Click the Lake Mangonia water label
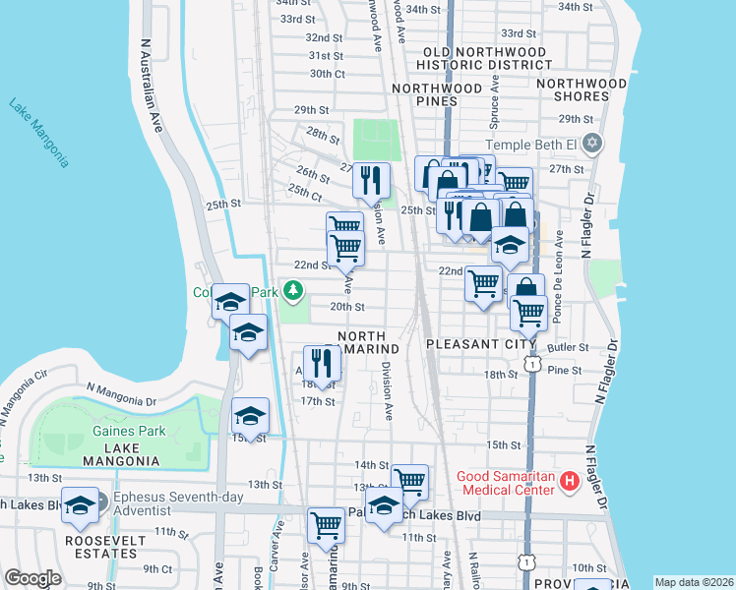(x=39, y=133)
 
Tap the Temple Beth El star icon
(x=590, y=144)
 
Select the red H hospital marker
(x=568, y=481)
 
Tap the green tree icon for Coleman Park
(x=293, y=291)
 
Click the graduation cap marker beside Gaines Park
(x=250, y=416)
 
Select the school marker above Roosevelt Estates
(x=80, y=504)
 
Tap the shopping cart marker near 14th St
(x=409, y=481)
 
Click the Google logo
(x=32, y=578)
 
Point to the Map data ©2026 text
(x=694, y=582)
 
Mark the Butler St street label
(x=568, y=347)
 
